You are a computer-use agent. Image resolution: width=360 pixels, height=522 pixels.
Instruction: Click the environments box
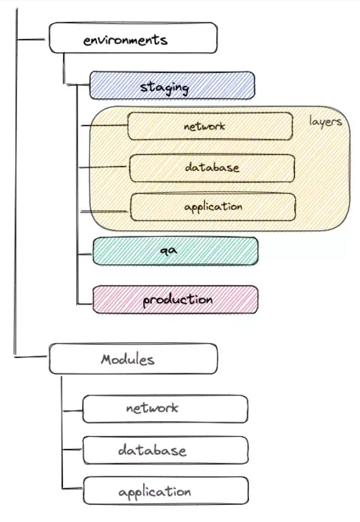(133, 38)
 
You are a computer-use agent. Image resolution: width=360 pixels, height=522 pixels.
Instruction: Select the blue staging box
(172, 85)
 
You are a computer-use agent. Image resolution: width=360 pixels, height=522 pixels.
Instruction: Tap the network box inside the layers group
(210, 126)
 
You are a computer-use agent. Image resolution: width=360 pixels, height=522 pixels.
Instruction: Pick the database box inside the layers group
(212, 168)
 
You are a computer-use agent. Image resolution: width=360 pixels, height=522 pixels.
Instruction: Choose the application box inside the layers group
(213, 207)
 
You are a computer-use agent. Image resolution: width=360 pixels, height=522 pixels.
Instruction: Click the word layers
(325, 122)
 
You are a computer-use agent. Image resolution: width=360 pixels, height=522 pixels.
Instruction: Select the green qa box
(175, 252)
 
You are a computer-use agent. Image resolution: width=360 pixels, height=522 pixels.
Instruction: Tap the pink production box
(175, 299)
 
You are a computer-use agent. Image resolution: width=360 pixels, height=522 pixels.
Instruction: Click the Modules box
(133, 359)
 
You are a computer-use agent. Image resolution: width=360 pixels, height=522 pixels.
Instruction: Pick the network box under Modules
(165, 409)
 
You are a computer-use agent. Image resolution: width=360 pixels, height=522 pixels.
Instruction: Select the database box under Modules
(166, 450)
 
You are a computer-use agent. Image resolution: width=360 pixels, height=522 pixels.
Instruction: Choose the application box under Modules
(166, 490)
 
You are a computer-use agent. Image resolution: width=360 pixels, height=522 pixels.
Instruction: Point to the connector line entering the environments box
(31, 40)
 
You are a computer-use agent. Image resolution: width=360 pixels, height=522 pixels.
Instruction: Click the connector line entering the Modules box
(31, 357)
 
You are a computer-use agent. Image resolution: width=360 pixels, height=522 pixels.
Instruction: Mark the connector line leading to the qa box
(84, 255)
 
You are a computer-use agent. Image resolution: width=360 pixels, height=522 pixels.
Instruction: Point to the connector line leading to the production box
(84, 304)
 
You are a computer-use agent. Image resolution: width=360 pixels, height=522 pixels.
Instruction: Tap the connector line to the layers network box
(104, 125)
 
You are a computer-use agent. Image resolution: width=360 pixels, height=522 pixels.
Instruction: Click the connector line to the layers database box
(103, 167)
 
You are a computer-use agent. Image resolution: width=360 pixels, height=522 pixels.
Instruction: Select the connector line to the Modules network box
(73, 411)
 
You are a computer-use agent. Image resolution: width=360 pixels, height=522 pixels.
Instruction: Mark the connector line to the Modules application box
(73, 489)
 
